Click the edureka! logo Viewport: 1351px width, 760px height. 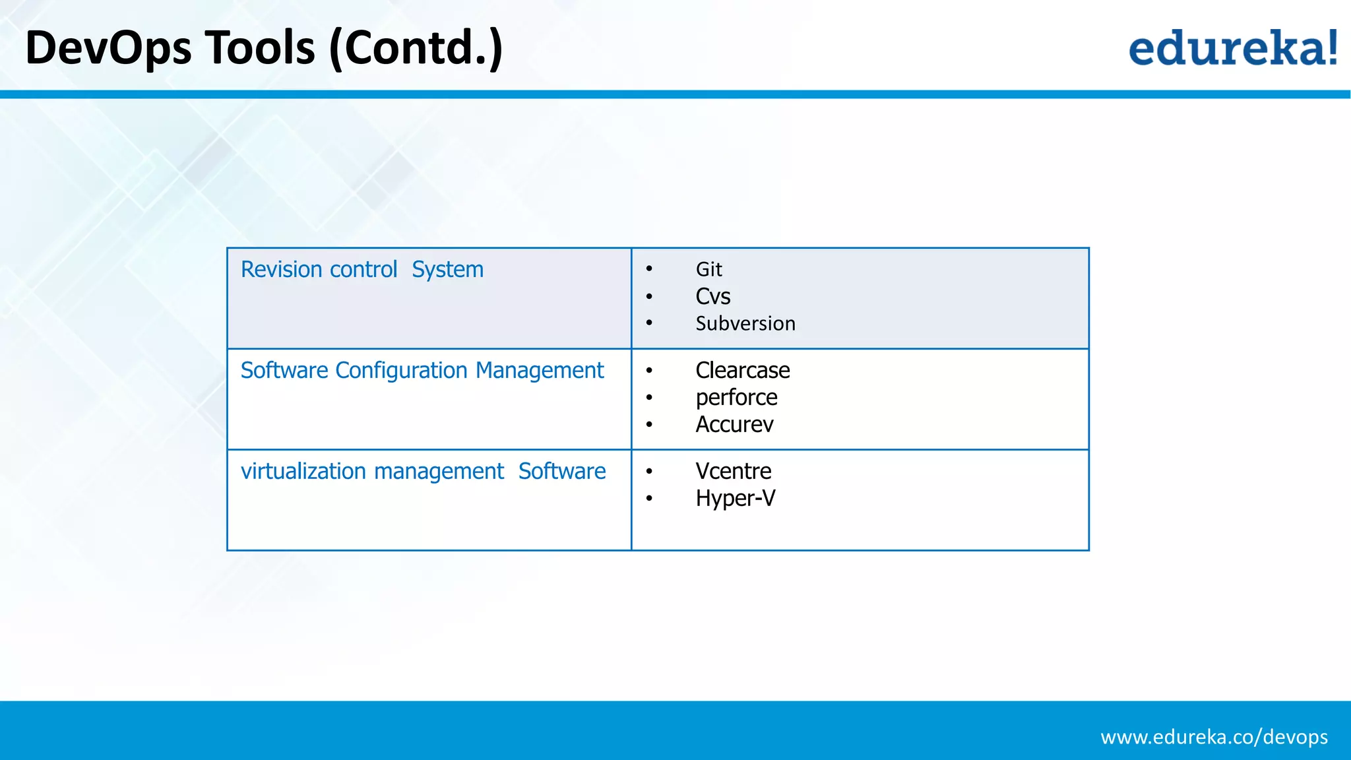[x=1232, y=48]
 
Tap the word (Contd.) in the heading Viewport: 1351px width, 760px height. [x=416, y=48]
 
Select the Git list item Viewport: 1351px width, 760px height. [x=708, y=269]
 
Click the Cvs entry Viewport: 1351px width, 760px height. [x=712, y=296]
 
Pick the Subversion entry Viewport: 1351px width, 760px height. [x=745, y=323]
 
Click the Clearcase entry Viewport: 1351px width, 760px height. [x=742, y=370]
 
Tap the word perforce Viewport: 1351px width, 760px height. [x=736, y=397]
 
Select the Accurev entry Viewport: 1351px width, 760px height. [x=734, y=424]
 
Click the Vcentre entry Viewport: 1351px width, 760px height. [x=733, y=471]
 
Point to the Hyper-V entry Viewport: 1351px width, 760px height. [x=735, y=498]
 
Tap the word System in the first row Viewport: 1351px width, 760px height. [x=447, y=269]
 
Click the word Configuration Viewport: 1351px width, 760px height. [x=401, y=371]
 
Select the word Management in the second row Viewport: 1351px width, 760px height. [x=539, y=371]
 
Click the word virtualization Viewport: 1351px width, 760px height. [x=303, y=471]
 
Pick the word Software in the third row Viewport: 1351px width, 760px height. [x=561, y=471]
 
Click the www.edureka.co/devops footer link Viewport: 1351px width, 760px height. [x=1214, y=736]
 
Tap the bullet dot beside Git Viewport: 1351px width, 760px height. [x=649, y=269]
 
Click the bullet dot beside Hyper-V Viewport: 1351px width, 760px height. [x=649, y=499]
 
